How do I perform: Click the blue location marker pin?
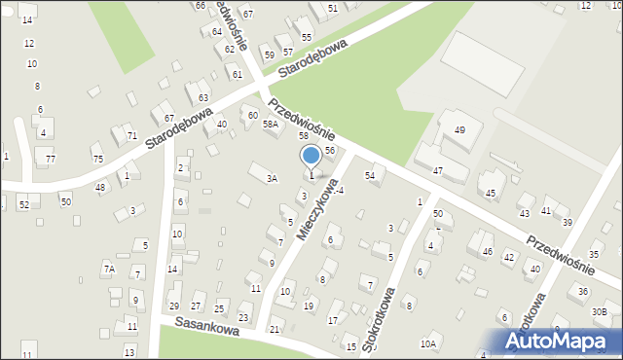tap(311, 156)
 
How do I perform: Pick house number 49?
tap(459, 129)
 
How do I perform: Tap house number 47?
tap(438, 170)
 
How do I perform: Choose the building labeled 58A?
tap(270, 124)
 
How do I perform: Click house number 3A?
tap(273, 178)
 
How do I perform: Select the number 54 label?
tap(370, 175)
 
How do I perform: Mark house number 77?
tap(50, 159)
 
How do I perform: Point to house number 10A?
tap(427, 343)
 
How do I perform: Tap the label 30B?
tap(600, 311)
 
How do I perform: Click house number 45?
tap(491, 193)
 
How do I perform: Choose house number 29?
tap(173, 307)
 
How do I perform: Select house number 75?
tap(97, 159)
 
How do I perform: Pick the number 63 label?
tap(203, 97)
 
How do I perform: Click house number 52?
tap(23, 204)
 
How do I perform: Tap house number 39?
tap(567, 222)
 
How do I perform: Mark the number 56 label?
tap(330, 151)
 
